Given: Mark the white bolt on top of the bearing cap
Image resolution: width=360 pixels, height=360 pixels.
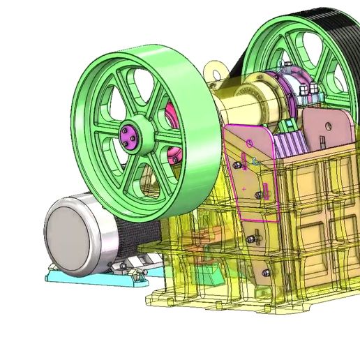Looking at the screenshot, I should (x=311, y=89).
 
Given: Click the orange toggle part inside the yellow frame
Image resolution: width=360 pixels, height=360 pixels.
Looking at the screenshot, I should (x=202, y=241).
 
